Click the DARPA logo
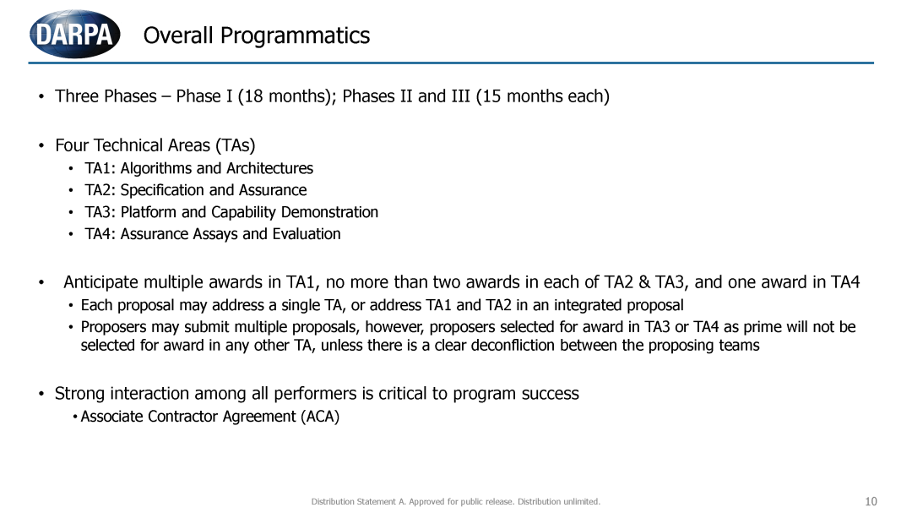(x=75, y=34)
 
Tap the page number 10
(x=871, y=501)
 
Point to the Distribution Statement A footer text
(x=455, y=501)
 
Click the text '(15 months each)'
(x=543, y=96)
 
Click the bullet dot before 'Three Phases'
(x=41, y=96)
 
